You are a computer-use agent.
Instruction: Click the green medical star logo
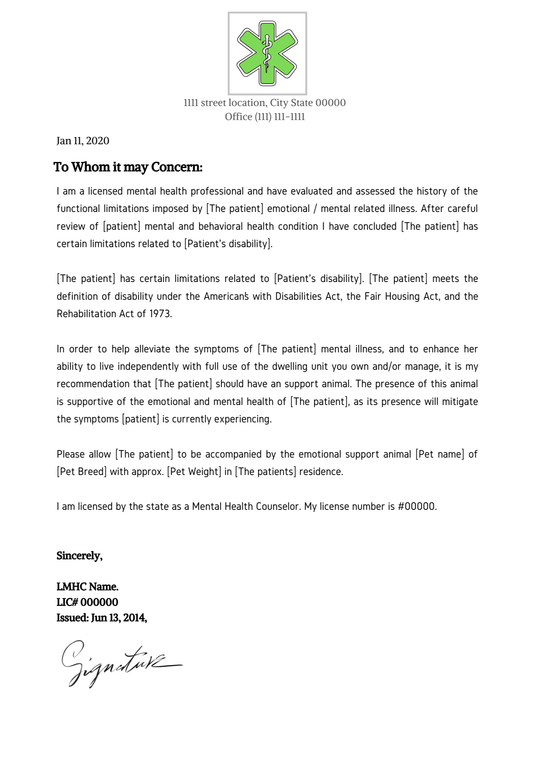click(x=267, y=53)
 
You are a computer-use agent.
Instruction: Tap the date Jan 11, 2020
click(x=83, y=141)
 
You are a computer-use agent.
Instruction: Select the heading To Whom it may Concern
click(x=128, y=167)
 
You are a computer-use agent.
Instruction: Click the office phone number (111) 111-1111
click(x=280, y=117)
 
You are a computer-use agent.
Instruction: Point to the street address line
click(x=264, y=103)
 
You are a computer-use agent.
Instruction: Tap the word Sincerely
click(x=79, y=556)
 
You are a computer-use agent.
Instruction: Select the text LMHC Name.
click(x=87, y=587)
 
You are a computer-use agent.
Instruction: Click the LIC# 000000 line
click(x=87, y=602)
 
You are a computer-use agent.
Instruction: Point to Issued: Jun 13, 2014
click(x=101, y=618)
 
